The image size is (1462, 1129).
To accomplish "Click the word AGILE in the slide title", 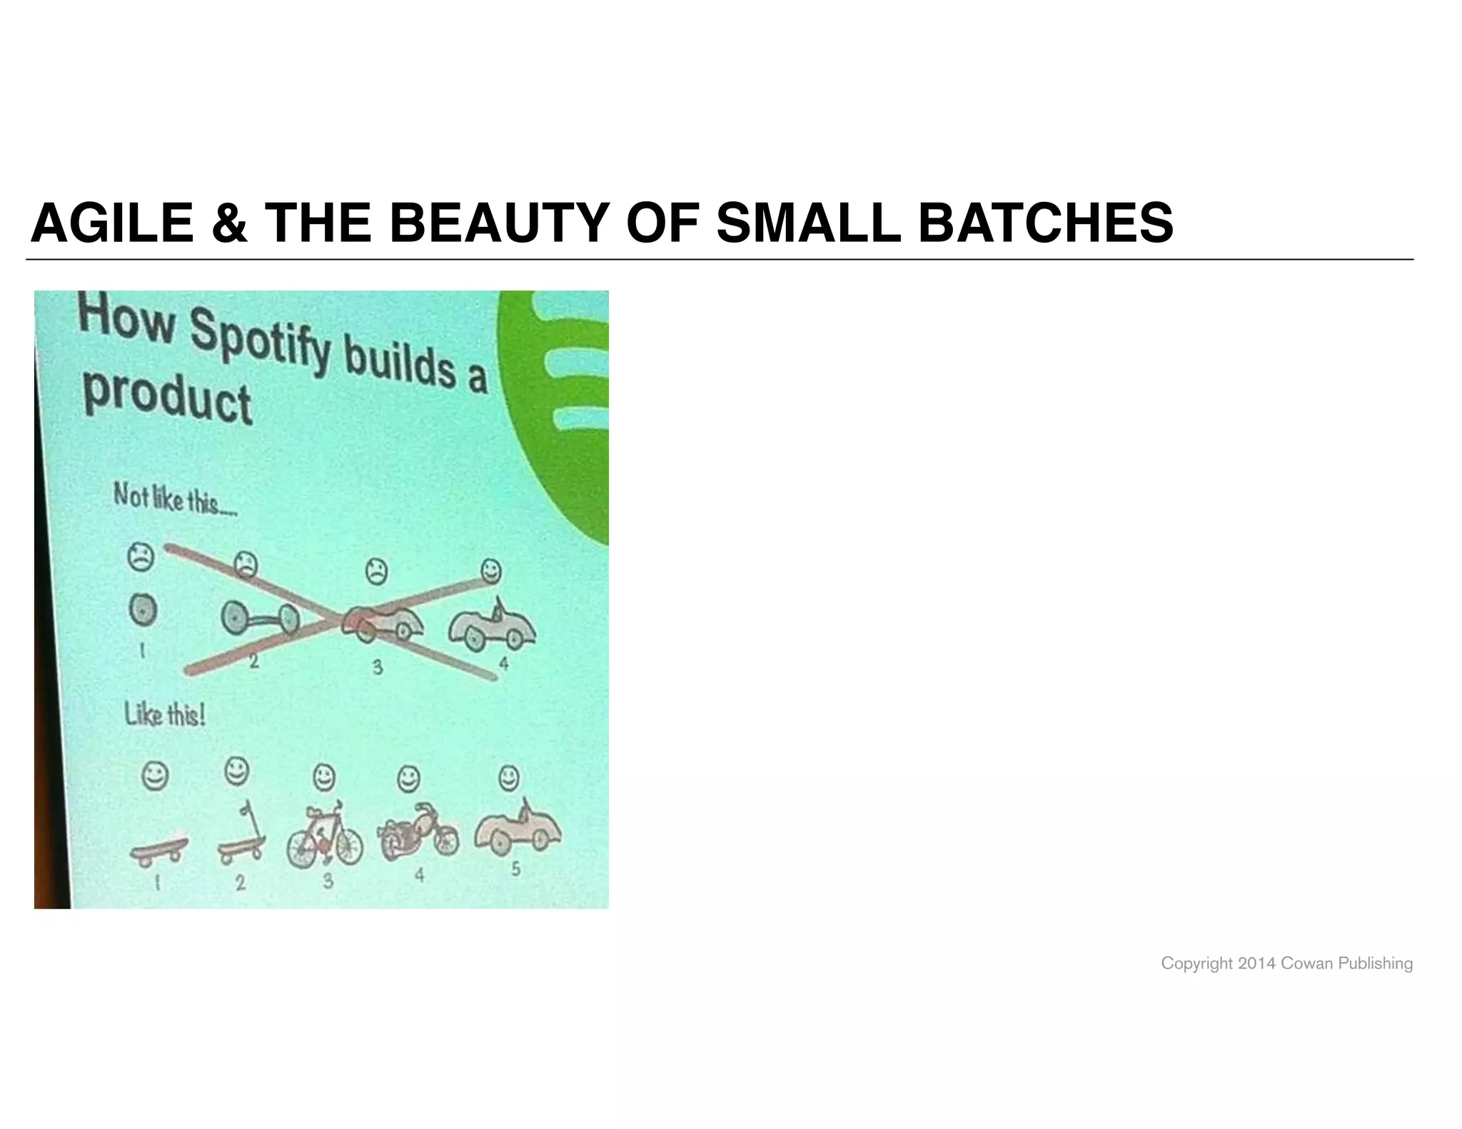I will (x=112, y=223).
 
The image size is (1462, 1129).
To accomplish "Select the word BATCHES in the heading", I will (x=1046, y=223).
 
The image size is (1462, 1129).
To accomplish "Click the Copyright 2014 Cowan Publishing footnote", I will (x=1286, y=963).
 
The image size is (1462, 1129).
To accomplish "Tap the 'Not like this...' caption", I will (x=175, y=499).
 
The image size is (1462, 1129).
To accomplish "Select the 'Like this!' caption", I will (x=165, y=714).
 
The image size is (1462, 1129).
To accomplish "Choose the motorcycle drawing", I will (x=418, y=835).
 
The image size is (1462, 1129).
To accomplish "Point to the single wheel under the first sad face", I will (x=142, y=609).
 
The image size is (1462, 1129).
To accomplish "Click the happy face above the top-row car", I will (x=490, y=571).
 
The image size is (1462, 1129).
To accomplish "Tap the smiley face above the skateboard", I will (x=154, y=776).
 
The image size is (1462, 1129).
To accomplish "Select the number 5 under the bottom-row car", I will (x=515, y=870).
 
